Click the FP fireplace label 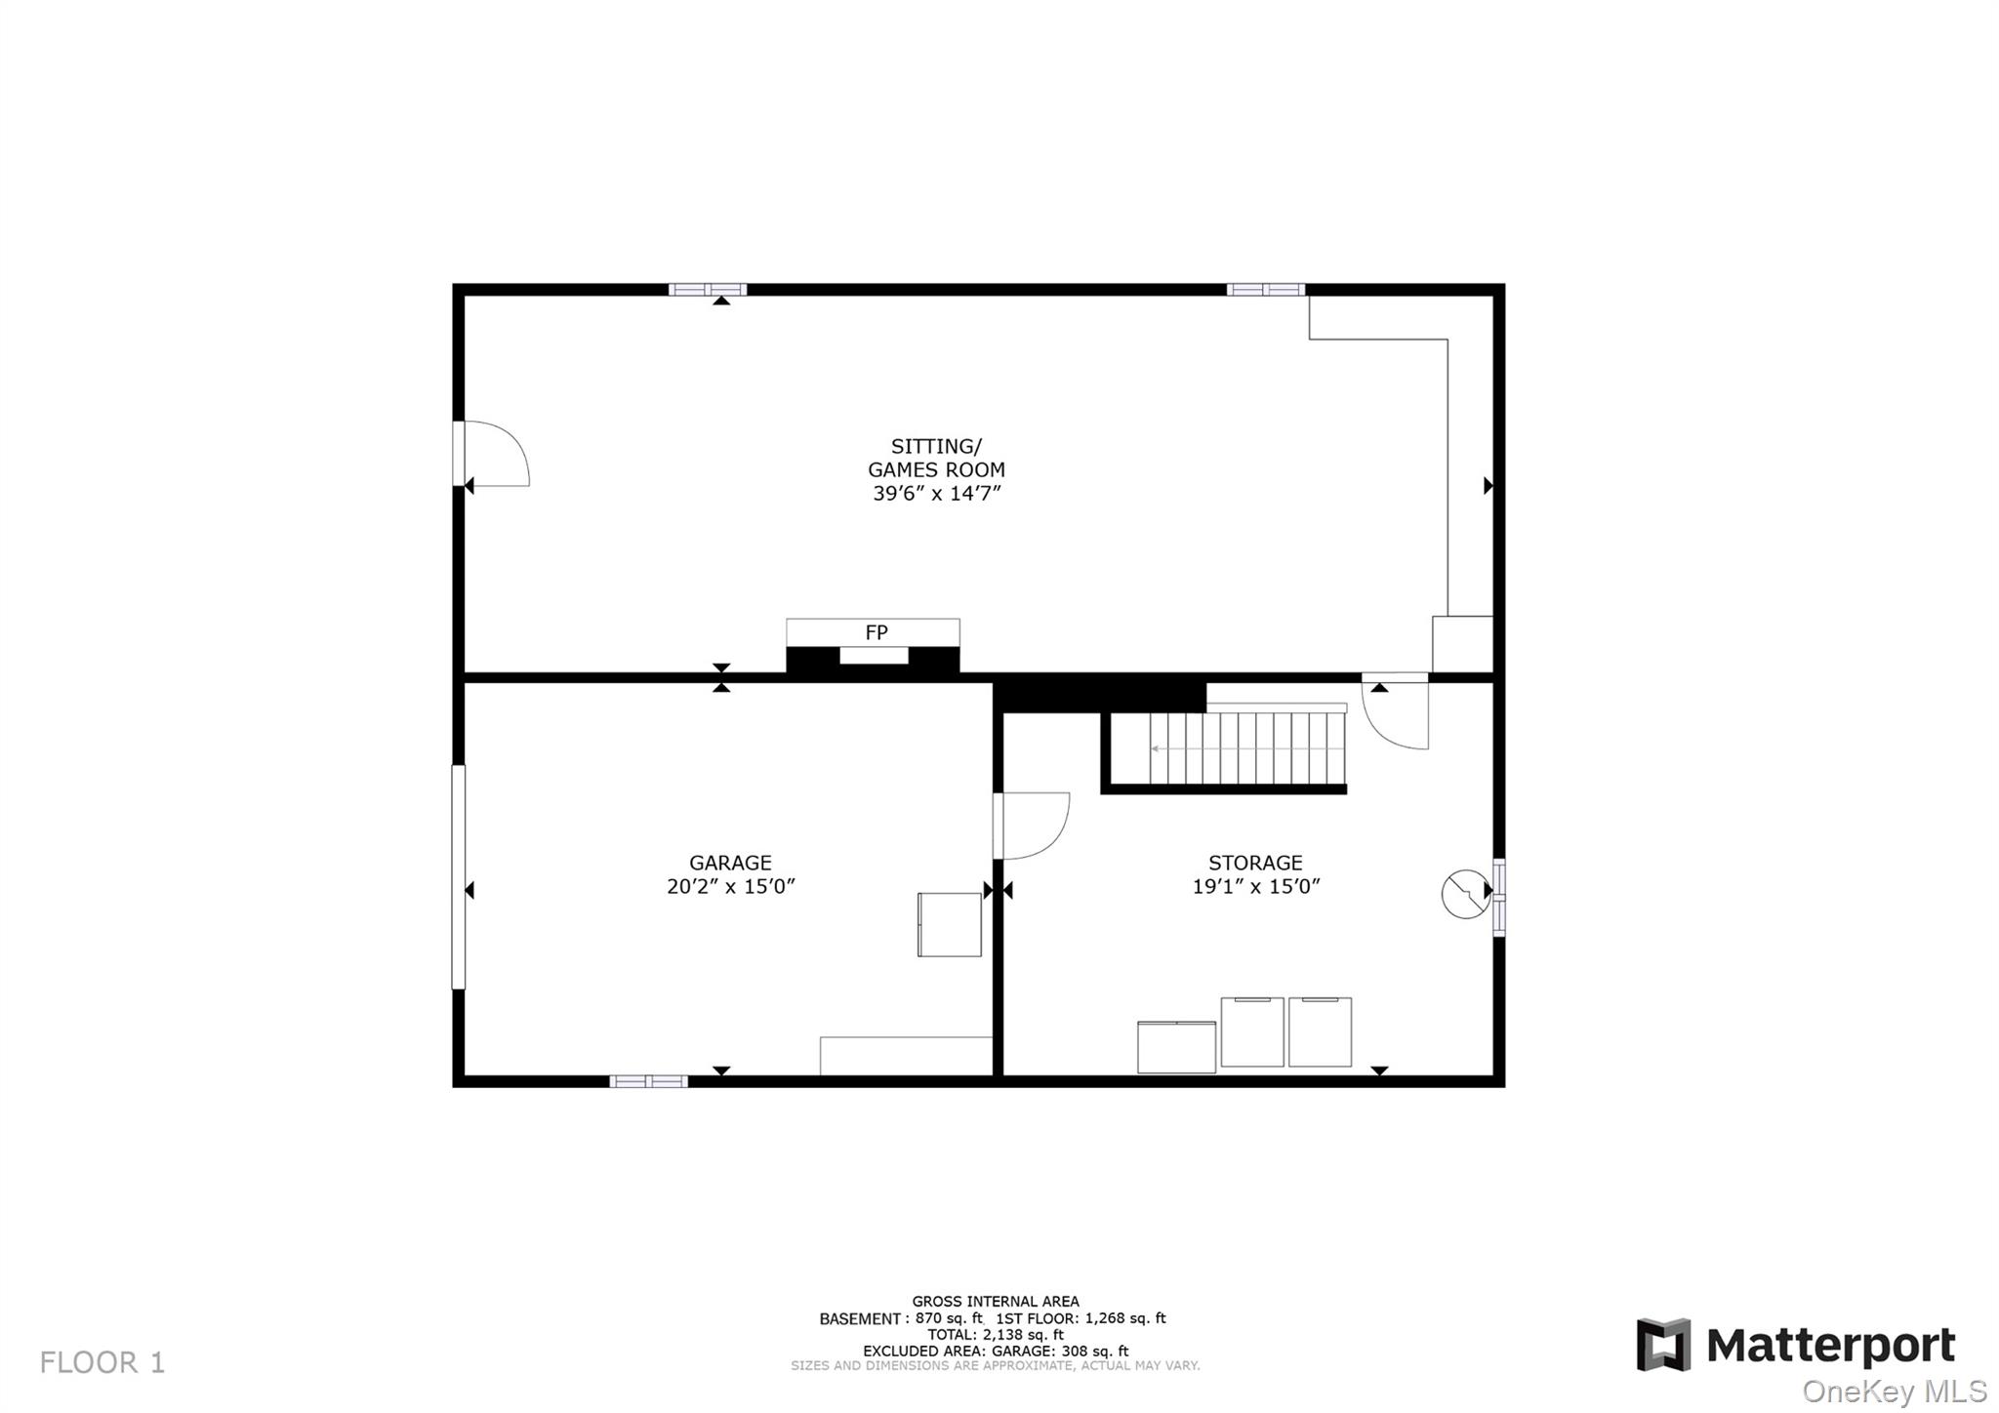tap(876, 632)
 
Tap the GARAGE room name tap(730, 863)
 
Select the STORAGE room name tap(1255, 863)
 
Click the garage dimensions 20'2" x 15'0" tap(730, 887)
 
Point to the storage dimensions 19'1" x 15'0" tap(1255, 887)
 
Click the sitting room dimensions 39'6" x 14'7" tap(937, 494)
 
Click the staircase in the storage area tap(1246, 748)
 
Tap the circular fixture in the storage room tap(1465, 893)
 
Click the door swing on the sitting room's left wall tap(495, 454)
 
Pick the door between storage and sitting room tap(1396, 712)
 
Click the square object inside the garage tap(949, 924)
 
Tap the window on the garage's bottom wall tap(648, 1081)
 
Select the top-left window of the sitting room tap(708, 289)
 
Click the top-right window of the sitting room tap(1265, 289)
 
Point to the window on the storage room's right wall tap(1499, 897)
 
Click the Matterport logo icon tap(1663, 1345)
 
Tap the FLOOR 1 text tap(102, 1362)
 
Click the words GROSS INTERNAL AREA tap(996, 1301)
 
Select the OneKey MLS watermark tap(1894, 1391)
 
